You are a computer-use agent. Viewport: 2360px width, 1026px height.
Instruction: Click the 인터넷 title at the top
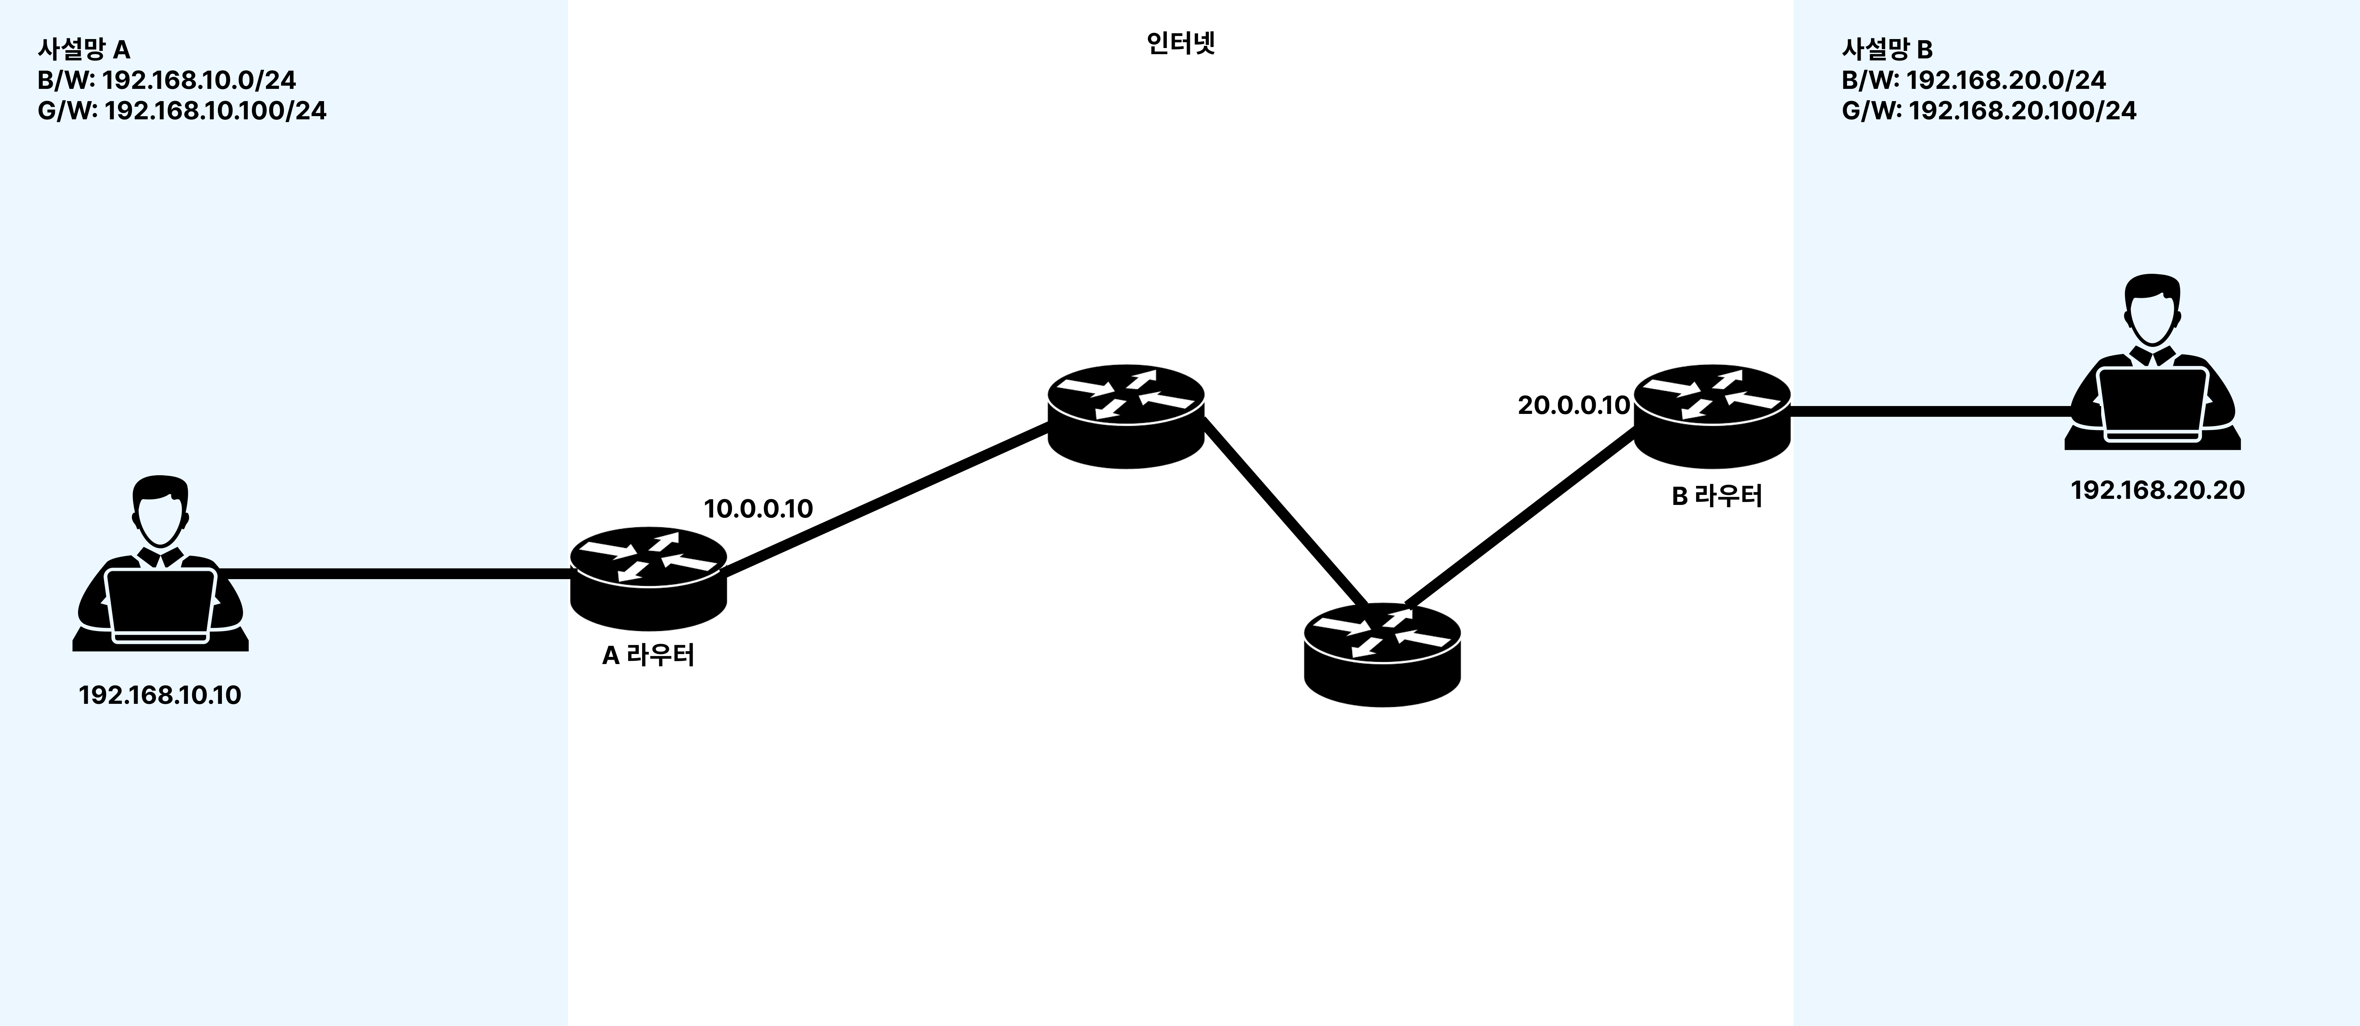1180,44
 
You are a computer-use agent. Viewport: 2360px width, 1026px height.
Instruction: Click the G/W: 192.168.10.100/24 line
181,111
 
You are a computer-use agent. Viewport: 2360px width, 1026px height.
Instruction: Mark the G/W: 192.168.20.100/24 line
1988,111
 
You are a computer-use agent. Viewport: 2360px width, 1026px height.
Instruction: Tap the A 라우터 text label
648,656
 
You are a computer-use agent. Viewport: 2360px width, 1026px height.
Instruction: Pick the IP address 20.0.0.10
1573,405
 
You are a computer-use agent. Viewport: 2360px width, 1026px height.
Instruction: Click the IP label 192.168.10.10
160,695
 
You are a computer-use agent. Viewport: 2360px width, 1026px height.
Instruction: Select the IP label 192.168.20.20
2157,490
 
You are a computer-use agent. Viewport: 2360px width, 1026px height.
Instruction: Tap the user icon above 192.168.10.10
160,563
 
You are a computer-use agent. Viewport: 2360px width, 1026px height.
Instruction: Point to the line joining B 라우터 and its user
1928,411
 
